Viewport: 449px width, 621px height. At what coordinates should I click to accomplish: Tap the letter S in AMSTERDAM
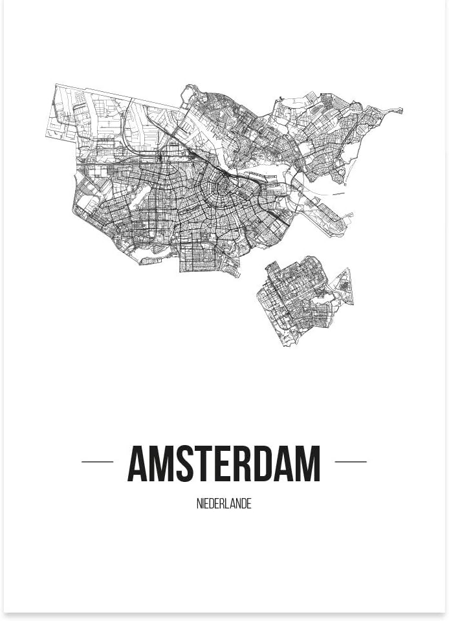(186, 464)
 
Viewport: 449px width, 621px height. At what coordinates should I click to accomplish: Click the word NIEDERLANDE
(224, 504)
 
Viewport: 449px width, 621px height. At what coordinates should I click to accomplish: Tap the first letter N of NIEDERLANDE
(199, 504)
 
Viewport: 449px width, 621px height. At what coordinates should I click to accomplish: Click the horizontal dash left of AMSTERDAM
(98, 462)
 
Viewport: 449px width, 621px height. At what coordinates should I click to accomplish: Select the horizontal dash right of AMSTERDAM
(351, 462)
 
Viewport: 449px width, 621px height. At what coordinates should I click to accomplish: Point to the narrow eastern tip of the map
(400, 111)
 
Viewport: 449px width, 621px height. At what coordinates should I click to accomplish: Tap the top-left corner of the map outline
(56, 85)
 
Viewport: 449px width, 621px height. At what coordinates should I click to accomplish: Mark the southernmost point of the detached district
(285, 345)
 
